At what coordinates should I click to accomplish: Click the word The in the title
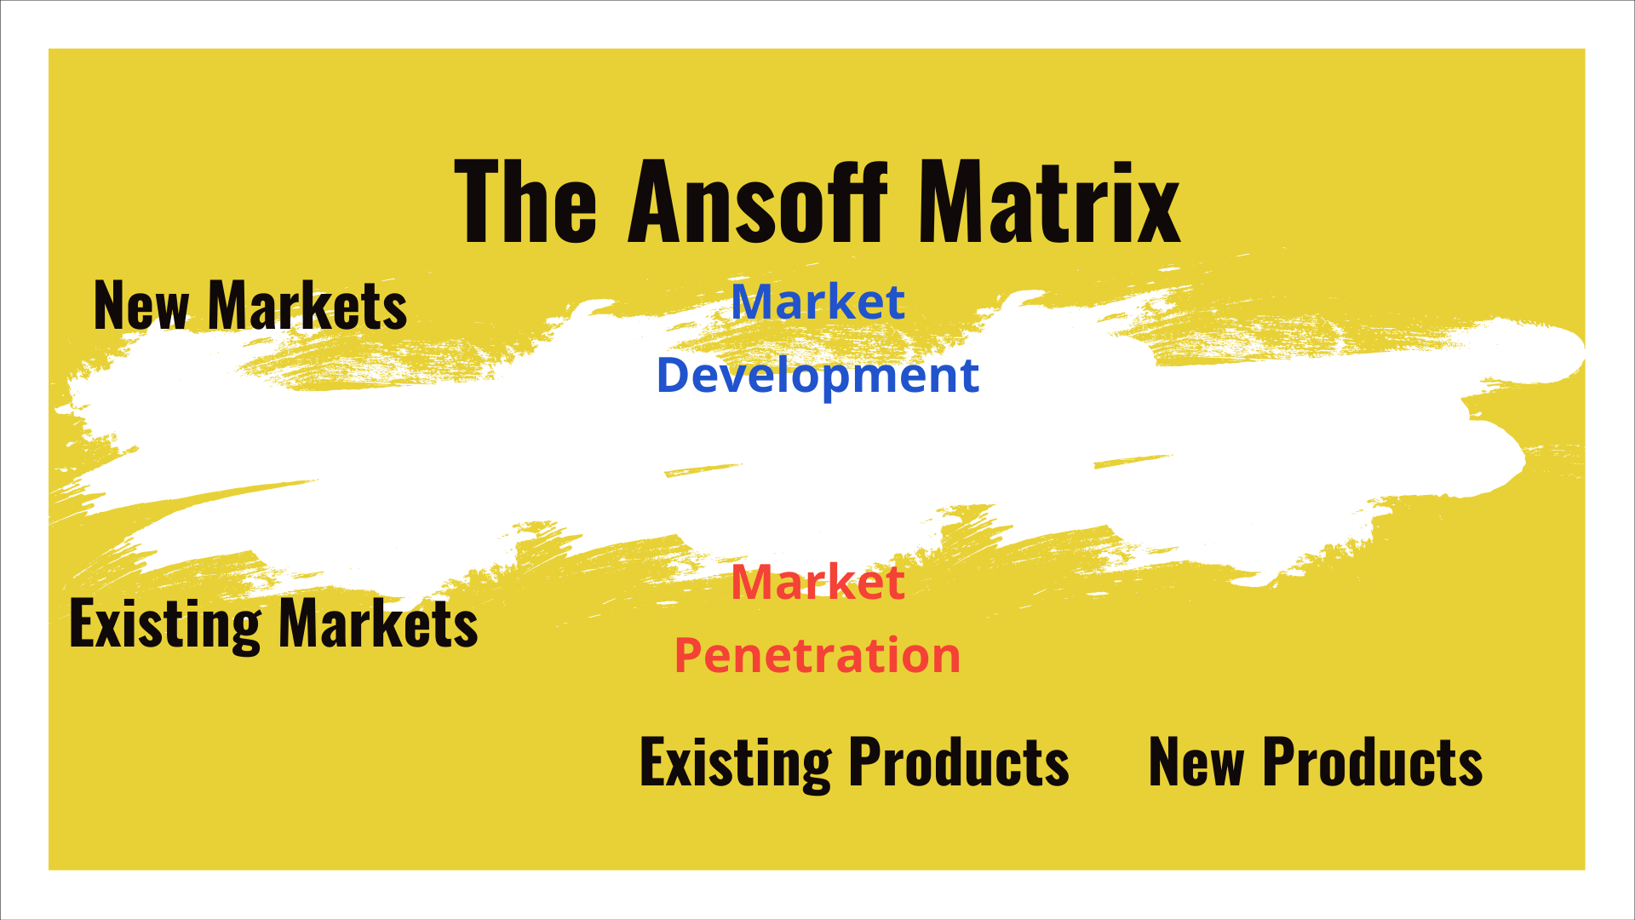(x=525, y=203)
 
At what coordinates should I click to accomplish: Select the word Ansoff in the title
(x=758, y=203)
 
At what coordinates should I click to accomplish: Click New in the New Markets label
(x=141, y=306)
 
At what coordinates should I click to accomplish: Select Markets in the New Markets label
(x=307, y=306)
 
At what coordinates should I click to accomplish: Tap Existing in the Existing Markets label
(x=164, y=624)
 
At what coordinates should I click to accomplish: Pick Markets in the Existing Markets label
(x=378, y=624)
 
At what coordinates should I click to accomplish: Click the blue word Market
(x=817, y=302)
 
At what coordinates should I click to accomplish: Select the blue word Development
(x=817, y=376)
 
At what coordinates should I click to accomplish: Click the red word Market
(x=817, y=583)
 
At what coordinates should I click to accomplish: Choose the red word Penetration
(x=817, y=656)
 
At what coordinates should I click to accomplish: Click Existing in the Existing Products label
(x=735, y=762)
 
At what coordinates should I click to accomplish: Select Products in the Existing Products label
(x=959, y=762)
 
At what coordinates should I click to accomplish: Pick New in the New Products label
(x=1196, y=762)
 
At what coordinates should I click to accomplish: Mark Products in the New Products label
(x=1372, y=762)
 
